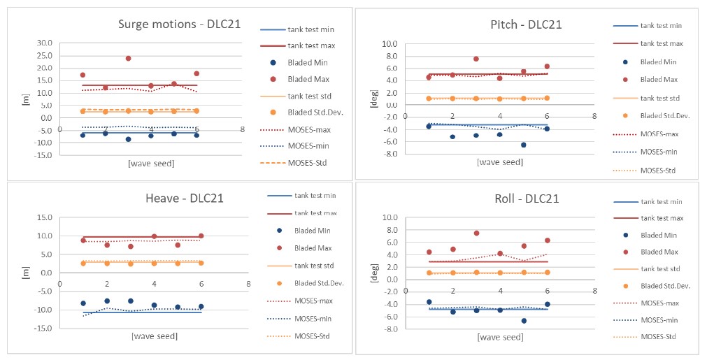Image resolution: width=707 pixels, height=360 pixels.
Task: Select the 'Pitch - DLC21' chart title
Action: [x=527, y=24]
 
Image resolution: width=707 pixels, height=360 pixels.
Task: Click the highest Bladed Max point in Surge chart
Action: [x=128, y=58]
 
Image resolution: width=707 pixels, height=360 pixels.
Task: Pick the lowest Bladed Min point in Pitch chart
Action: [x=523, y=145]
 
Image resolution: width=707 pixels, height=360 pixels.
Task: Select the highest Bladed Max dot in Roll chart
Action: [x=476, y=233]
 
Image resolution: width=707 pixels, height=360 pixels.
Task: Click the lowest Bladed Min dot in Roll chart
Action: [x=524, y=320]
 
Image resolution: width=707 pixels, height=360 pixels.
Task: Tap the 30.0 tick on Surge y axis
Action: [x=45, y=43]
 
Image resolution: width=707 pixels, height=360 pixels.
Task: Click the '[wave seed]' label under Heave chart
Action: [x=155, y=336]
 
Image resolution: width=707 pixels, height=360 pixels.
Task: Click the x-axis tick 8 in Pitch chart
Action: [x=594, y=116]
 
